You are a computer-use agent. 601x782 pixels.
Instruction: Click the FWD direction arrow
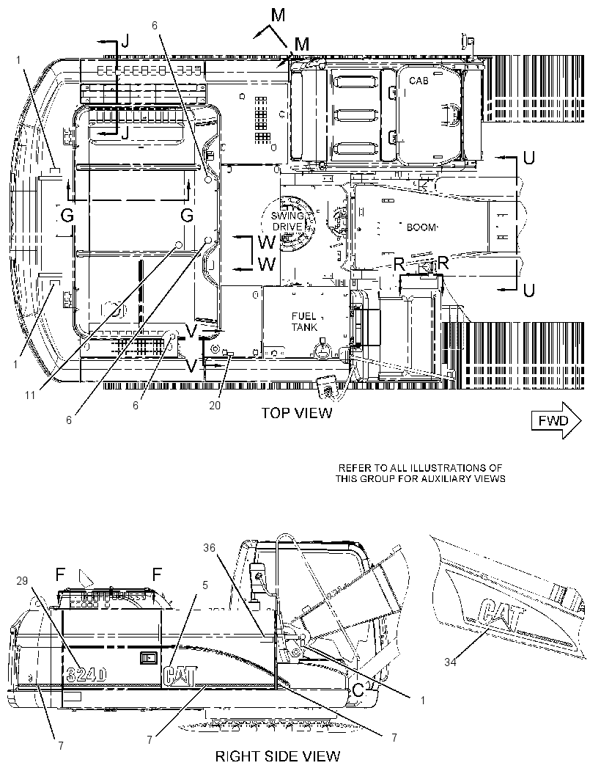click(x=556, y=420)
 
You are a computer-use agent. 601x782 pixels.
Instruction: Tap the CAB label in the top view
click(x=419, y=80)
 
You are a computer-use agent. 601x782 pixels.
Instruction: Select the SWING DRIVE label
click(x=287, y=221)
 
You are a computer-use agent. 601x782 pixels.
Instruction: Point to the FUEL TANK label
click(x=304, y=322)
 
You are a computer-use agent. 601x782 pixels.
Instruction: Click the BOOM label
click(x=421, y=227)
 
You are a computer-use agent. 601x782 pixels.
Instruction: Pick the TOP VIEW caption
click(x=297, y=413)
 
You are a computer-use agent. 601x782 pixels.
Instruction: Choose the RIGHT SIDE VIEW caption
click(x=278, y=756)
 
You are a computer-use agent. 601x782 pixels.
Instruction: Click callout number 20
click(x=215, y=406)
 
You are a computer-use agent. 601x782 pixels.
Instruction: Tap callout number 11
click(x=30, y=395)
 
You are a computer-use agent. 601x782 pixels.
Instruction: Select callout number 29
click(x=22, y=581)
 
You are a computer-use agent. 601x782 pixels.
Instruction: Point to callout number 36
click(x=210, y=547)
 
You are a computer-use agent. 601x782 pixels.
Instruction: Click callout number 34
click(x=451, y=662)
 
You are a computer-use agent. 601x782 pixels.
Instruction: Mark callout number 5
click(x=204, y=585)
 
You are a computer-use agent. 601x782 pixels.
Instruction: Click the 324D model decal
click(x=86, y=675)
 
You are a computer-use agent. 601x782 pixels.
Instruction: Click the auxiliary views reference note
click(x=420, y=473)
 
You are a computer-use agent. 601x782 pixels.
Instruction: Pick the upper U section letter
click(x=528, y=158)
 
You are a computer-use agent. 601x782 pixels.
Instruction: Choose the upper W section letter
click(x=267, y=242)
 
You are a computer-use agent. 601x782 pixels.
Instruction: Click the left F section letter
click(x=60, y=574)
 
